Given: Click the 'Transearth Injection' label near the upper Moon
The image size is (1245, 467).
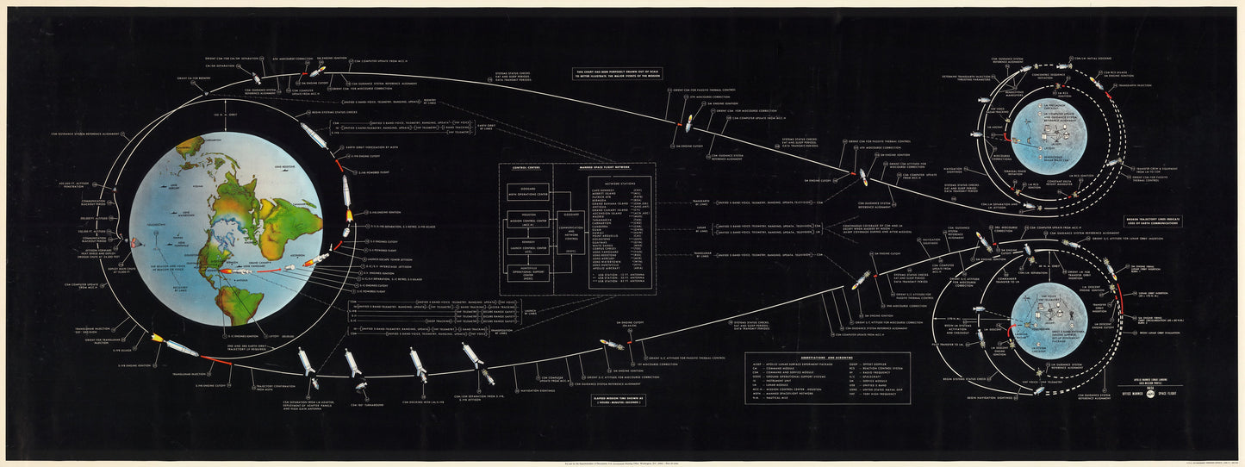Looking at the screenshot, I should click(1134, 86).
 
